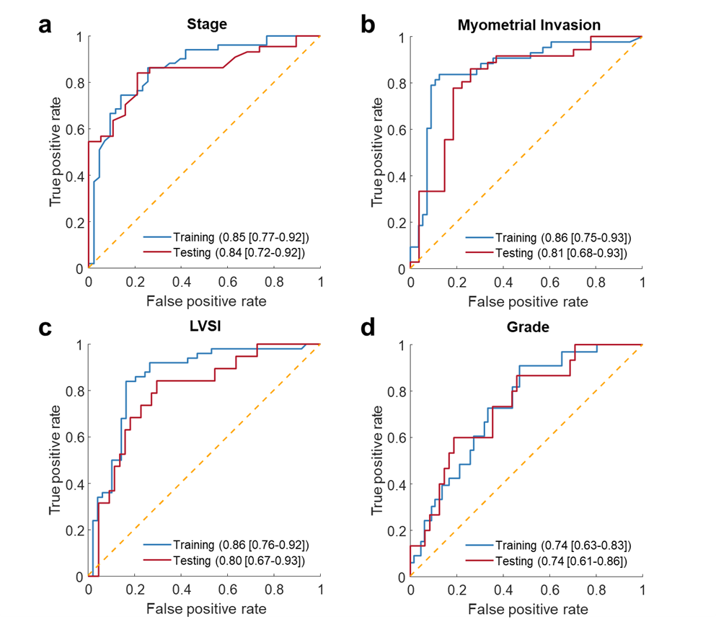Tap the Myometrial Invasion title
click(529, 25)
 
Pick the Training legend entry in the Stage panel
click(226, 236)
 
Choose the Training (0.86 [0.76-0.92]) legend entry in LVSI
click(226, 545)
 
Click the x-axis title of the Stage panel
click(206, 301)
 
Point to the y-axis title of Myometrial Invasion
click(377, 152)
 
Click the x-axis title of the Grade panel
click(529, 609)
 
